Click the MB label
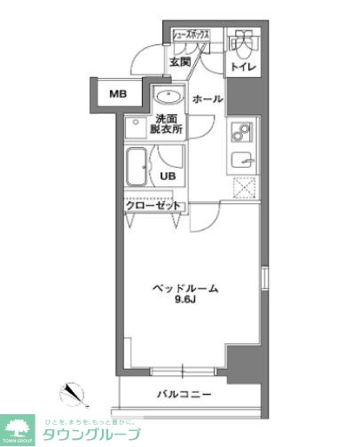pos(117,93)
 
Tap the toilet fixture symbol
pos(240,42)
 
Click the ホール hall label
pos(207,98)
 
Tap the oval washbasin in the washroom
pos(166,97)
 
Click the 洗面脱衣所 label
pos(169,123)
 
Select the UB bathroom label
pos(168,176)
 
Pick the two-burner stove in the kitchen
pos(241,132)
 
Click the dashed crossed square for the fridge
pos(243,188)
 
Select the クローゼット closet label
pos(153,206)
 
